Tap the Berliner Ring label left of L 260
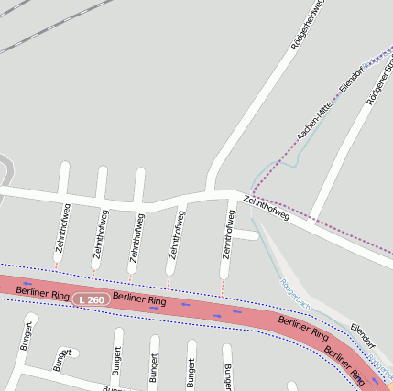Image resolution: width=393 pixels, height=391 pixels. [43, 293]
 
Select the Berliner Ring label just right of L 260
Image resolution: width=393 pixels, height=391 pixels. [139, 300]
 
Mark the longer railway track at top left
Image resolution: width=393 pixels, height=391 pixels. [46, 27]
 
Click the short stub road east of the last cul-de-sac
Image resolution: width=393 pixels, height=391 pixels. [246, 235]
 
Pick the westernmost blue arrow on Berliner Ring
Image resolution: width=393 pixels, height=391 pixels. [28, 282]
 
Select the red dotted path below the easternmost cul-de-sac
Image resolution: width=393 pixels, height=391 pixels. [222, 289]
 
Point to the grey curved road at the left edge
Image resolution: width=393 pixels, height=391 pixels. [7, 169]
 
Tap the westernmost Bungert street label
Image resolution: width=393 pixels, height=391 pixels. [27, 336]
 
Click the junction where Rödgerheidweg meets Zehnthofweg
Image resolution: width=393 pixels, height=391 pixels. [213, 193]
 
